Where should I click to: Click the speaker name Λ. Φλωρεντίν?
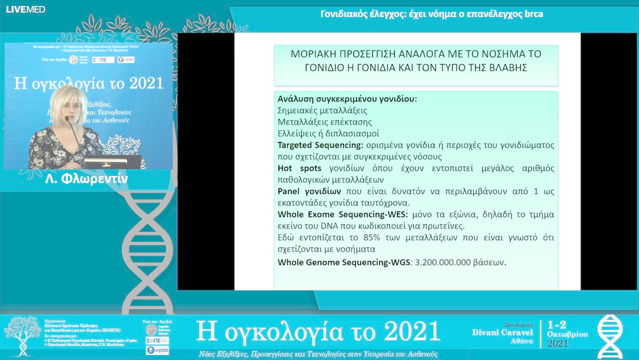tap(86, 178)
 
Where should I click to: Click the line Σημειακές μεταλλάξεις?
tap(322, 110)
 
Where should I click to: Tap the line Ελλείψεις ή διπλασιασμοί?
tap(328, 133)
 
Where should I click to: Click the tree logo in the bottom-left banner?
tap(22, 336)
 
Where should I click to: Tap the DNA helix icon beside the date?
tap(610, 336)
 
